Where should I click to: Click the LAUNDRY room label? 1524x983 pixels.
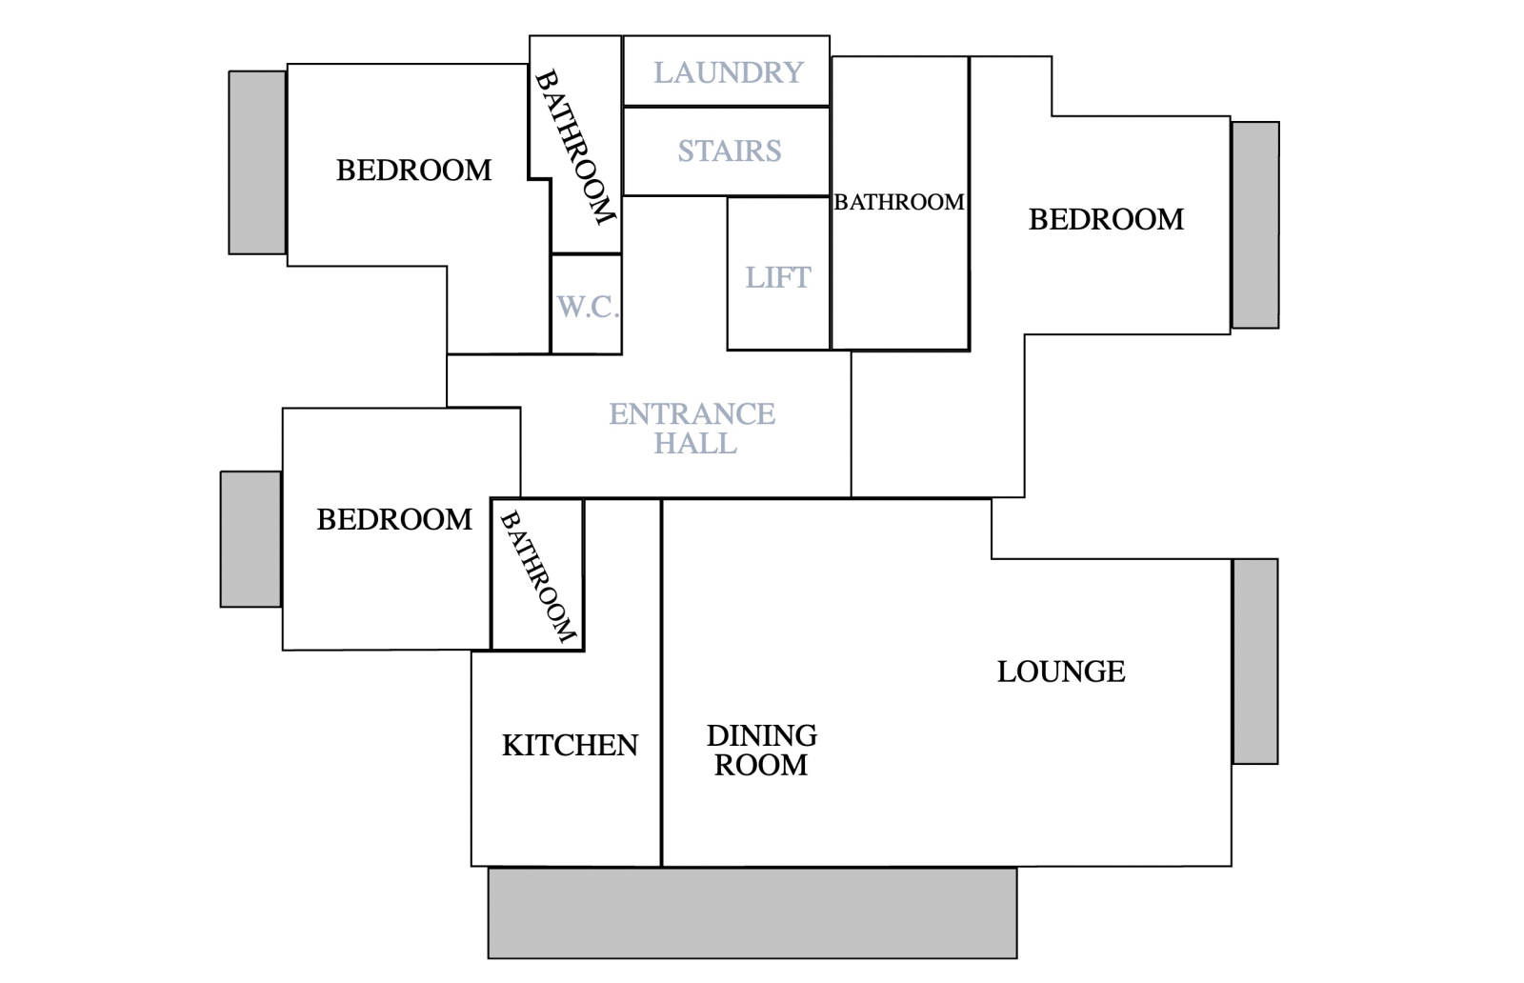729,72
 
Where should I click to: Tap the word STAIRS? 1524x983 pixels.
730,151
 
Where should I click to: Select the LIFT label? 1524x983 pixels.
777,277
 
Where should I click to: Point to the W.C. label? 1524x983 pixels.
588,308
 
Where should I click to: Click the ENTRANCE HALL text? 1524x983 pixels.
692,429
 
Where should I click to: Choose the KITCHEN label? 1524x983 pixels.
571,746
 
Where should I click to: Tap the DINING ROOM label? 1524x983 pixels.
761,751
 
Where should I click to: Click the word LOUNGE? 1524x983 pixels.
1061,672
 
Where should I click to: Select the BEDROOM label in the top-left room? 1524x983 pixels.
413,171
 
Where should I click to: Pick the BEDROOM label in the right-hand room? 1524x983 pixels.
1106,220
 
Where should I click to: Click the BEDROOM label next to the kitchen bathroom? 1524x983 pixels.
394,520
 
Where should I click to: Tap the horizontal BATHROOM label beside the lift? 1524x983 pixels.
899,202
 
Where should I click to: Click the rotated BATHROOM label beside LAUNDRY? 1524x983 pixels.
575,147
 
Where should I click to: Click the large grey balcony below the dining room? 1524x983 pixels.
752,913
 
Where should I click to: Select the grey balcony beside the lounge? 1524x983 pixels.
1255,661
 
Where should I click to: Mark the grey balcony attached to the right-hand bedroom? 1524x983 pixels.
1255,225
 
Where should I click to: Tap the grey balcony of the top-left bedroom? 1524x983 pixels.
257,163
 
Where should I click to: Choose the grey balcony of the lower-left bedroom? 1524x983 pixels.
251,539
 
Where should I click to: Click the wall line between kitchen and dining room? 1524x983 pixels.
661,682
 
